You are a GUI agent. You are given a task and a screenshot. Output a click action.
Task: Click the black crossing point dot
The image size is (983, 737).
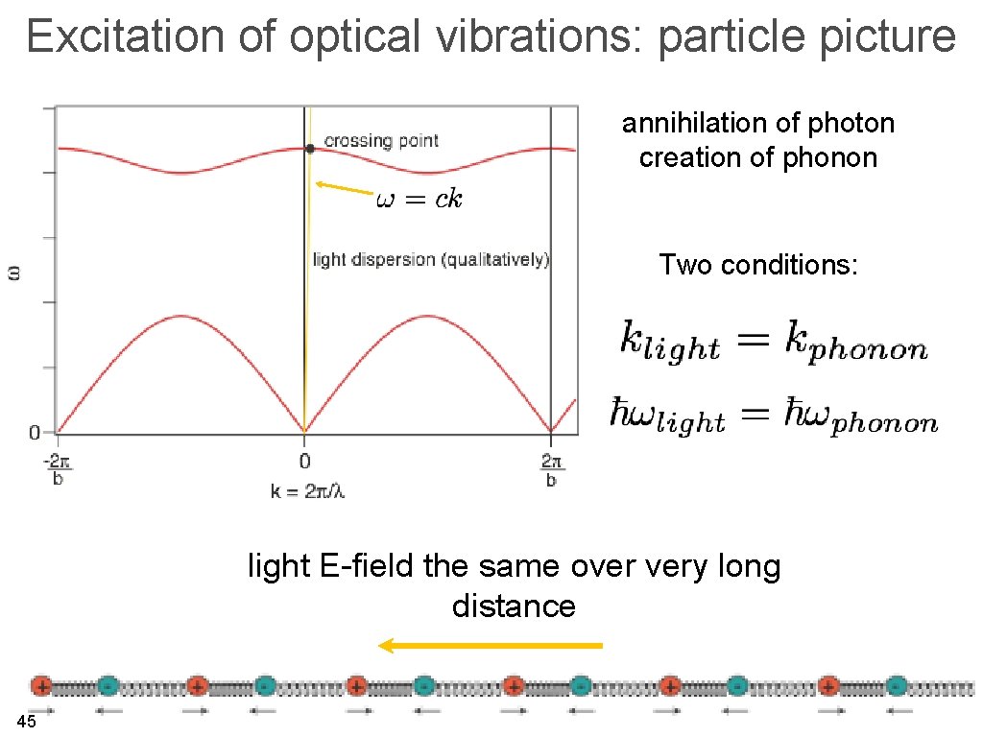tap(309, 148)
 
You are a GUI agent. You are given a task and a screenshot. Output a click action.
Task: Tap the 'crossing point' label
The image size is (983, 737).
tap(381, 141)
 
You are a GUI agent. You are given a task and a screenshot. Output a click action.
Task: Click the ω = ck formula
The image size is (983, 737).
tap(419, 199)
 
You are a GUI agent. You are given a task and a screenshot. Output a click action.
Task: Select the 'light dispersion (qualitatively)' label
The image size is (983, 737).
tap(431, 259)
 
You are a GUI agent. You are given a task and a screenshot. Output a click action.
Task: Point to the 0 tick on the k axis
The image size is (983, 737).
tap(304, 459)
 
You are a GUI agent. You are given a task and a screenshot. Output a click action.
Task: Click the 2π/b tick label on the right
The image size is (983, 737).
tap(551, 468)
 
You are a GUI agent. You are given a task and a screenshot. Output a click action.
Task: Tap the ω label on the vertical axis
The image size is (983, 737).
tap(14, 273)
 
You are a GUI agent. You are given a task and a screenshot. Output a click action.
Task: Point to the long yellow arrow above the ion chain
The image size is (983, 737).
tap(491, 646)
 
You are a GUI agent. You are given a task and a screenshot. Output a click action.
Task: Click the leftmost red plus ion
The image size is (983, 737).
tap(41, 686)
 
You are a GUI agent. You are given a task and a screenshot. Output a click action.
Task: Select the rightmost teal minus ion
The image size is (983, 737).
tap(896, 686)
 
